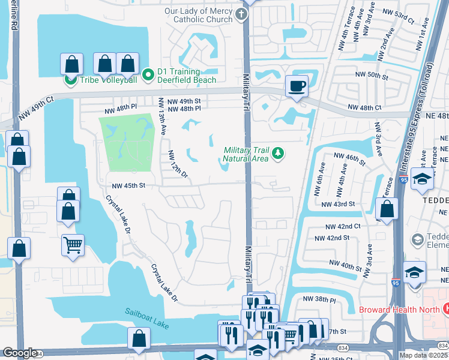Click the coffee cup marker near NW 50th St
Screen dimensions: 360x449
coord(296,85)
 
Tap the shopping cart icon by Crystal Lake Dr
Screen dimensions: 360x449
coord(73,244)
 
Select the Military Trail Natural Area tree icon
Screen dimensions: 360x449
coord(277,154)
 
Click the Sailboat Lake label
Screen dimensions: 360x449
coord(143,313)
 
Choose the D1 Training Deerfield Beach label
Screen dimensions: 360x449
coord(187,76)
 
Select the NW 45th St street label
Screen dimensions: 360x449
coord(125,185)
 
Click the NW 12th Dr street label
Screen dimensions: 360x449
coord(178,164)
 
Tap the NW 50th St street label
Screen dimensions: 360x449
coord(373,75)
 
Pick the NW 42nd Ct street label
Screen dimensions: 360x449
coord(343,226)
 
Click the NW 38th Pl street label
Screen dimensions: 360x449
coord(320,298)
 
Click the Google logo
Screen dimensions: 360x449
coord(20,353)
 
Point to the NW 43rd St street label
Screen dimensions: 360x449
coord(338,204)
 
